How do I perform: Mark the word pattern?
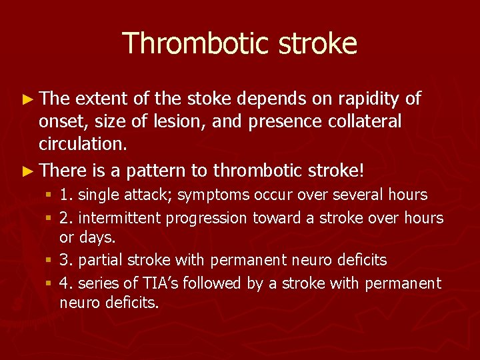[153, 171]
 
